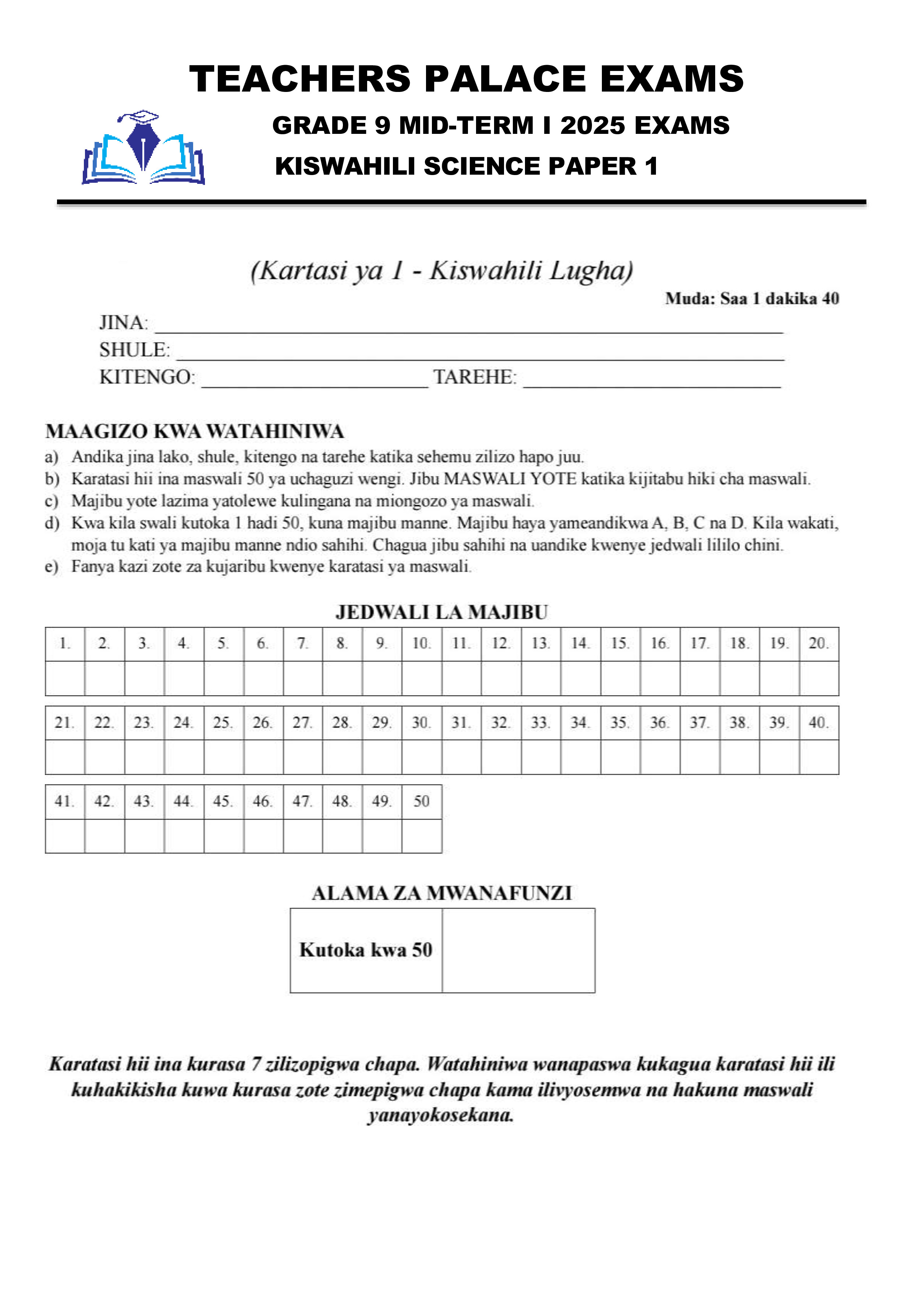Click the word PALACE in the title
pyautogui.click(x=505, y=79)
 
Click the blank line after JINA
pyautogui.click(x=469, y=326)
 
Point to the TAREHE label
pyautogui.click(x=475, y=377)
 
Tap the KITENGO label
pyautogui.click(x=147, y=377)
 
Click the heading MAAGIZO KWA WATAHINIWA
pyautogui.click(x=194, y=431)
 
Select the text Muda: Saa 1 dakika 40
pyautogui.click(x=752, y=298)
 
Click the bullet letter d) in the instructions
pyautogui.click(x=52, y=523)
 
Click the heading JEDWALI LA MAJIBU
pyautogui.click(x=442, y=612)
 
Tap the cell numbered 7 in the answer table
pyautogui.click(x=302, y=643)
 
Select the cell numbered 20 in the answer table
pyautogui.click(x=819, y=643)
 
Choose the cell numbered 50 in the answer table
pyautogui.click(x=422, y=801)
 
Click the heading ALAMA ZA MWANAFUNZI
pyautogui.click(x=442, y=893)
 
